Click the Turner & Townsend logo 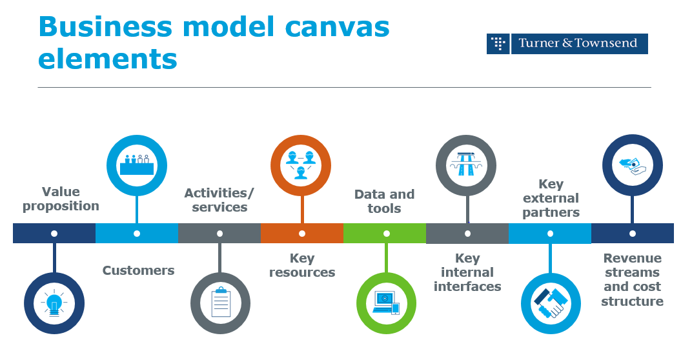tap(567, 44)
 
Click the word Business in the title tap(105, 27)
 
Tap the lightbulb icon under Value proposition tap(54, 303)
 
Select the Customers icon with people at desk tap(137, 165)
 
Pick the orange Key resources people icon tap(301, 165)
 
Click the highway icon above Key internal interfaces tap(466, 165)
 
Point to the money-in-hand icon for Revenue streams tap(632, 165)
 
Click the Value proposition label tap(61, 199)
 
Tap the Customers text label tap(138, 270)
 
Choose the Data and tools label tap(384, 201)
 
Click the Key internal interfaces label tap(467, 272)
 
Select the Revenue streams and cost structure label tap(632, 279)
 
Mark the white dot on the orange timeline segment tap(302, 234)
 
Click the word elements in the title tap(108, 59)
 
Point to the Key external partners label tap(551, 199)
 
